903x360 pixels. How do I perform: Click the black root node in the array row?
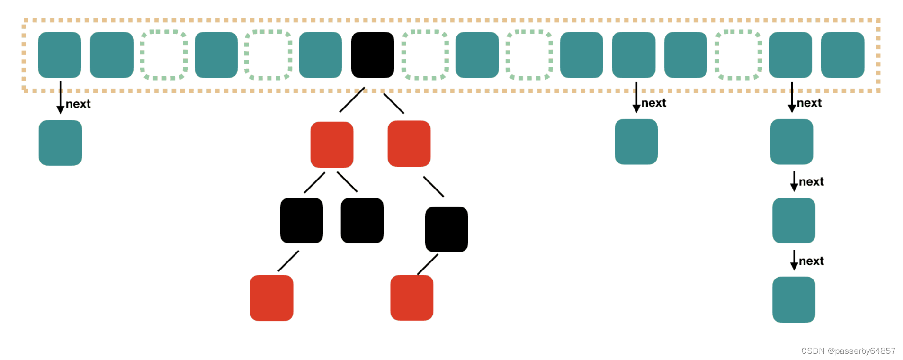tap(372, 55)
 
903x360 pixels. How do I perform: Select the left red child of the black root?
tap(331, 144)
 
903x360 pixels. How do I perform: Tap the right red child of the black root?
tap(409, 144)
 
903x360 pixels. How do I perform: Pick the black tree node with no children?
tap(362, 220)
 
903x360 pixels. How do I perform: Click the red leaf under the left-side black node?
tap(271, 297)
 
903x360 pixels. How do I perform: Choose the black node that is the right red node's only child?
tap(446, 229)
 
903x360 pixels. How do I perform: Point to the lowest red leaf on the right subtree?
tap(411, 297)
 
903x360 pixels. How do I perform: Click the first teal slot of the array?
tap(59, 55)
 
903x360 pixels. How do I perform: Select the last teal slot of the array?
tap(842, 55)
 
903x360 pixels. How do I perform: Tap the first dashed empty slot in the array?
tap(164, 55)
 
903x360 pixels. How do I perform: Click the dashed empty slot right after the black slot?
tap(425, 55)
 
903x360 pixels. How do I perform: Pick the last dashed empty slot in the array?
tap(738, 55)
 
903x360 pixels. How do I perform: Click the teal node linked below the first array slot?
tap(60, 143)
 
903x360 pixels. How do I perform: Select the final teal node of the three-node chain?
tap(794, 299)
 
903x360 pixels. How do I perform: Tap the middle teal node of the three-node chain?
tap(794, 220)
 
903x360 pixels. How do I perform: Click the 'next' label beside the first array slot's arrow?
tap(78, 104)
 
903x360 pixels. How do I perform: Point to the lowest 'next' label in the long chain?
tap(811, 261)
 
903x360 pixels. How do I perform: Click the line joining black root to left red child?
tap(352, 100)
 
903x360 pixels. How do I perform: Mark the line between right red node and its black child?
tap(433, 187)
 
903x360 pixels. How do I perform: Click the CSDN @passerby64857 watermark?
tap(848, 351)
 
